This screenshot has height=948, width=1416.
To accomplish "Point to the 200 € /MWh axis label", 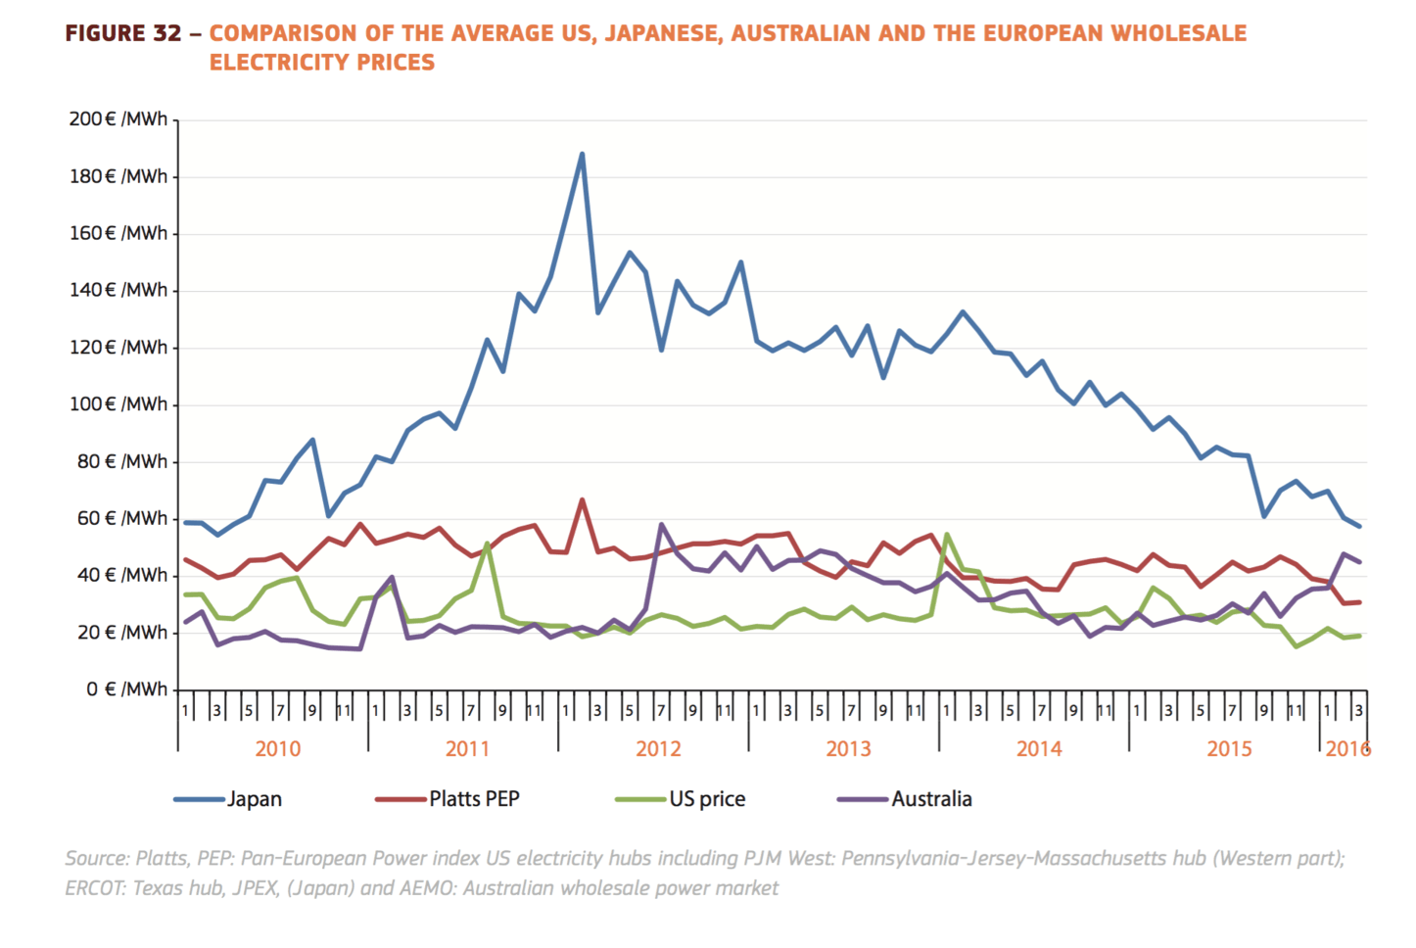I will (118, 119).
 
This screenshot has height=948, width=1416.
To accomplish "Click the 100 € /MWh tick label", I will (118, 404).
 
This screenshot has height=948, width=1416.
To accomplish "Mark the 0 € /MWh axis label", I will (126, 689).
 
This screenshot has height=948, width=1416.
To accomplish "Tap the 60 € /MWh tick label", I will (122, 518).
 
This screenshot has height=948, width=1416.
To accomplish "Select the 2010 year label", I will (277, 749).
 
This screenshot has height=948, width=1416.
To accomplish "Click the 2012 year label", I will (658, 749).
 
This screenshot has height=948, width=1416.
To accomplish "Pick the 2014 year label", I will (1038, 749).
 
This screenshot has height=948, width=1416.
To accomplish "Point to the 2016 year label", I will (1347, 749).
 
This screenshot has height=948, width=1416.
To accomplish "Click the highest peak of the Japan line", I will (582, 154).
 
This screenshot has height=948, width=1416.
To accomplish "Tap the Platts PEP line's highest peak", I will (582, 500).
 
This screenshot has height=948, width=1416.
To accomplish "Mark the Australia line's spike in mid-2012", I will (662, 525).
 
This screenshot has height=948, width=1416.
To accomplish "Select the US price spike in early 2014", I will (947, 535).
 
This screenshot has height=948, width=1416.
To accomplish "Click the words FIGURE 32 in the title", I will (123, 33).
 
